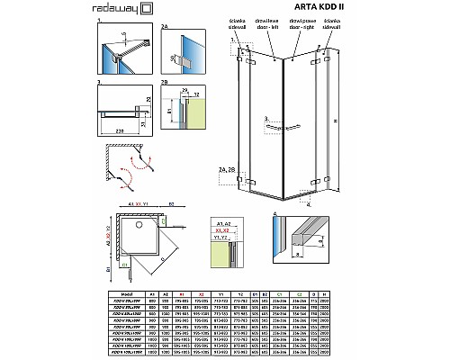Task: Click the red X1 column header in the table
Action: click(184, 292)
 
